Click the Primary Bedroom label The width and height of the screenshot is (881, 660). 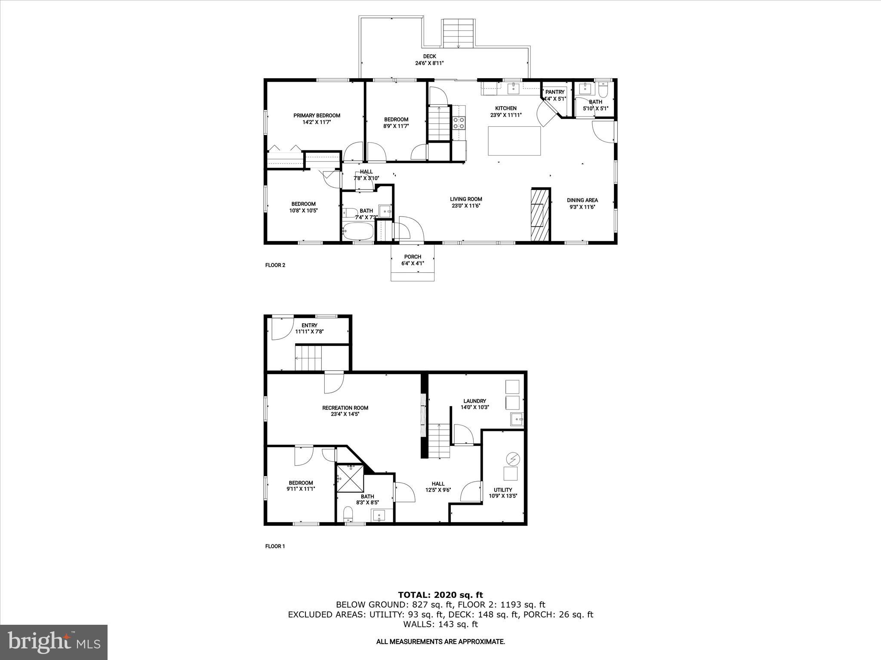317,116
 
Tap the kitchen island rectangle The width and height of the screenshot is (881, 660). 514,141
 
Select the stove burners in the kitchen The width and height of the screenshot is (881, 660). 459,123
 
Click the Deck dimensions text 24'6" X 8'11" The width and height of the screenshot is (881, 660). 429,63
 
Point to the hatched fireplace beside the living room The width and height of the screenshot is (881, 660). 541,215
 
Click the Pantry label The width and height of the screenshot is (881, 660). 554,92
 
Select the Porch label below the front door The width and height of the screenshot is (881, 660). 413,257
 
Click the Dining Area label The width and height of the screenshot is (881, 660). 582,200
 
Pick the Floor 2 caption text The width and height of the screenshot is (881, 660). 275,265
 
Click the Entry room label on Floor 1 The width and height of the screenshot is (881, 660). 309,325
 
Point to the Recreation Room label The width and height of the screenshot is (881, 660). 345,408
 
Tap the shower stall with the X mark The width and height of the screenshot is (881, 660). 350,478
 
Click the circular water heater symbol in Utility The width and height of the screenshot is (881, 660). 513,459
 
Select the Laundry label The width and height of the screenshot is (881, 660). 474,401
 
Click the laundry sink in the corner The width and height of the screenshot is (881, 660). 517,419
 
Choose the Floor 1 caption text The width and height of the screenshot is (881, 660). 275,547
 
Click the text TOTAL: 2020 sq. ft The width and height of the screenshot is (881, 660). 440,595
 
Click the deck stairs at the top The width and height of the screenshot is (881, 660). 458,34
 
